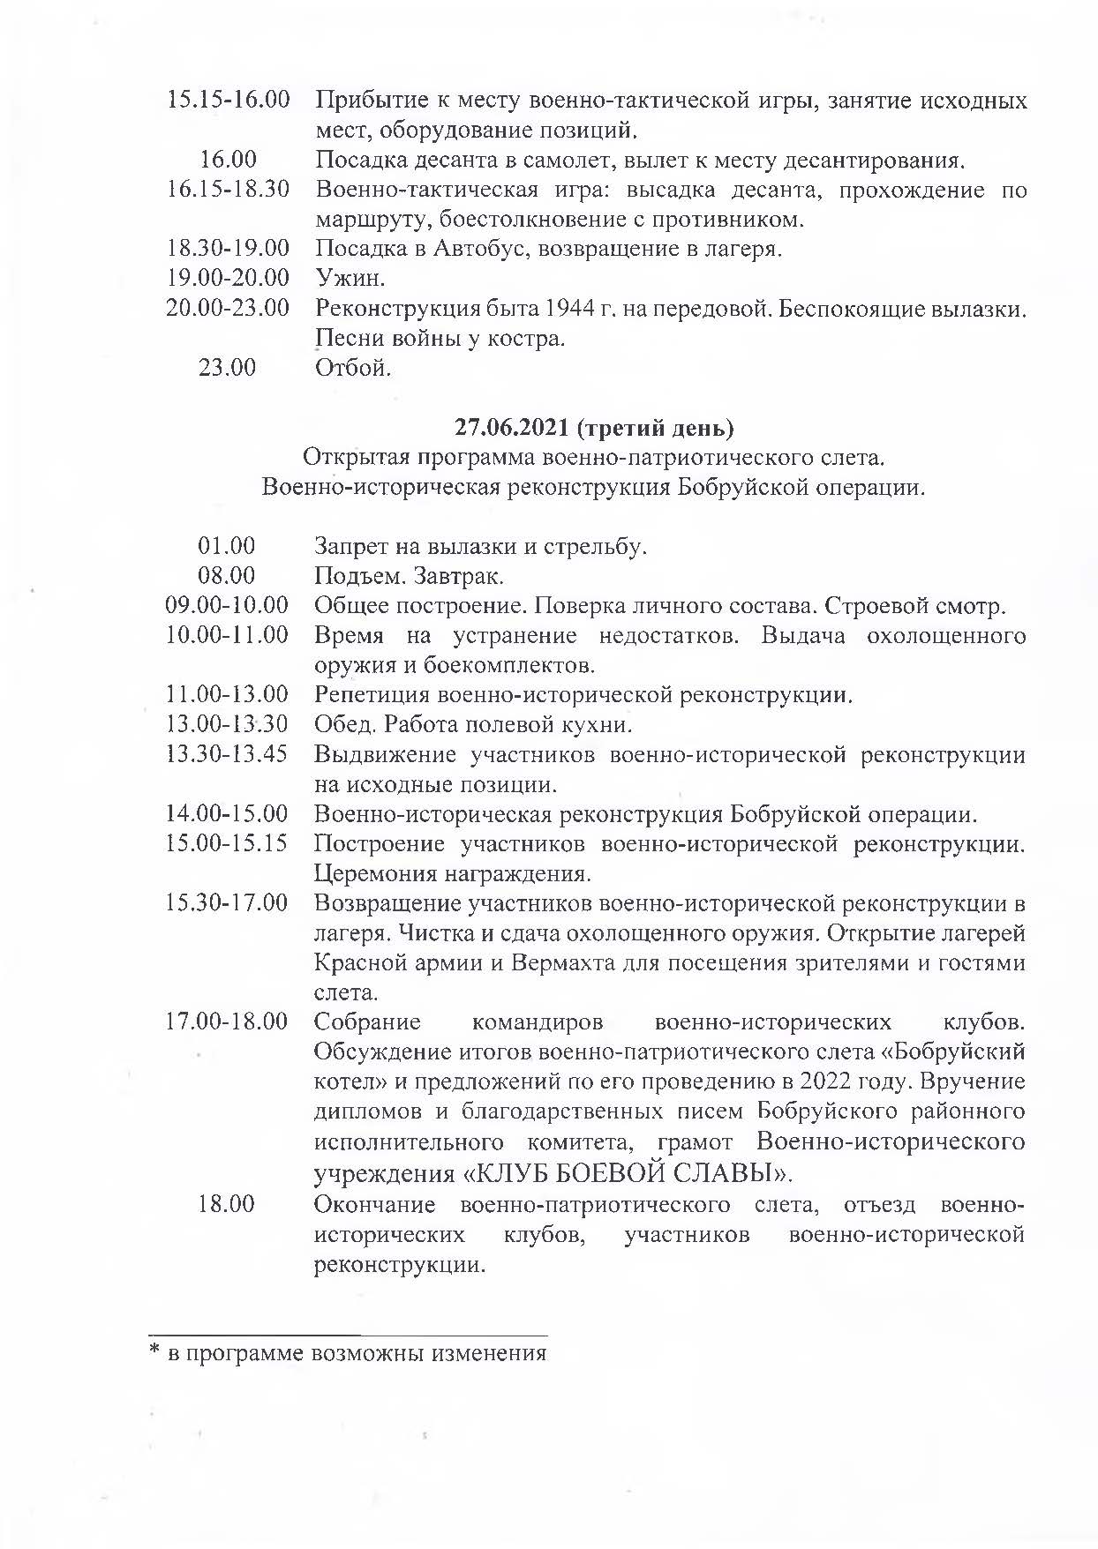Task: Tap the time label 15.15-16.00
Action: pyautogui.click(x=229, y=100)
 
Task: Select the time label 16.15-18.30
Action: pyautogui.click(x=229, y=189)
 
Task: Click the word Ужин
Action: pyautogui.click(x=350, y=278)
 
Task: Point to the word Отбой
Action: pyautogui.click(x=353, y=367)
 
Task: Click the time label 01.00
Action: pyautogui.click(x=227, y=546)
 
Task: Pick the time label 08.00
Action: pyautogui.click(x=227, y=576)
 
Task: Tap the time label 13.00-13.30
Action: pyautogui.click(x=227, y=725)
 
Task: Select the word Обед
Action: pyautogui.click(x=340, y=725)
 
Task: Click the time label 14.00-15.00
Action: pyautogui.click(x=227, y=813)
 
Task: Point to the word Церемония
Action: pyautogui.click(x=375, y=874)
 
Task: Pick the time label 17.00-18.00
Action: pyautogui.click(x=227, y=1021)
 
